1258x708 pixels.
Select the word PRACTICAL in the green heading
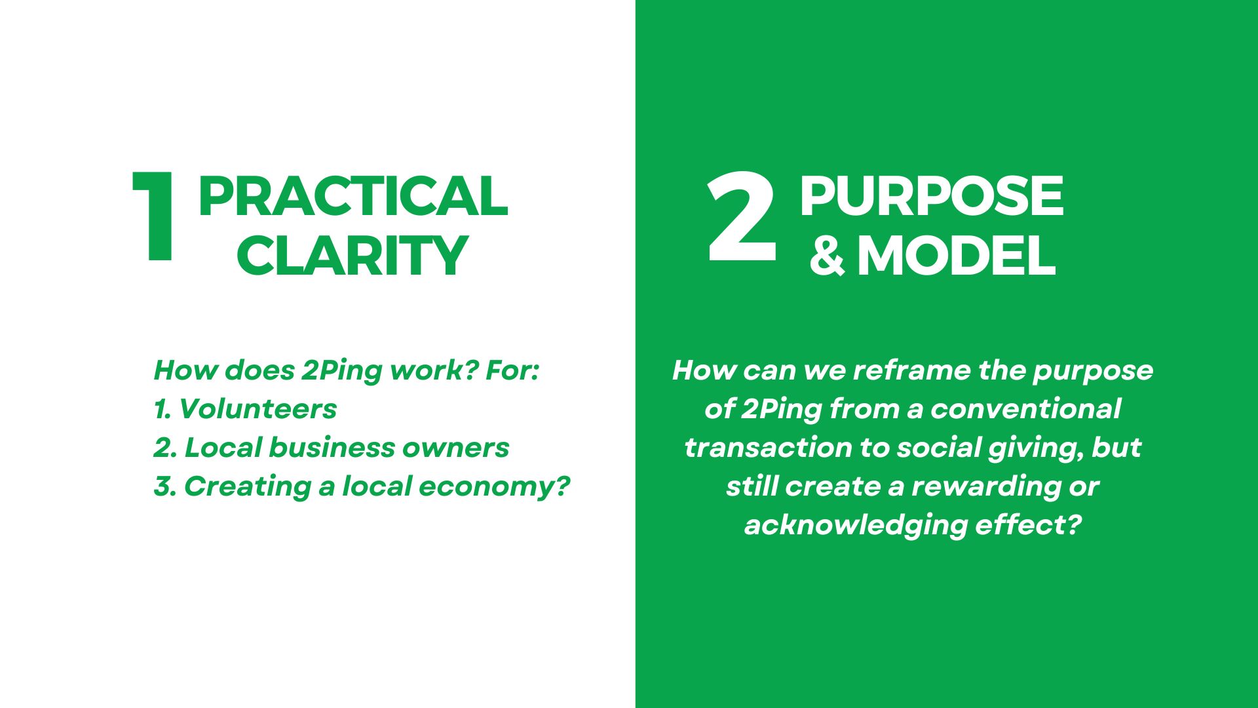coord(353,196)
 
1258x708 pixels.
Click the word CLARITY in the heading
coord(353,256)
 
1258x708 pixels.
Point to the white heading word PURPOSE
coord(931,196)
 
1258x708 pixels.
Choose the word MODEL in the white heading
coord(957,256)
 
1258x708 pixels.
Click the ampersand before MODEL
coord(827,256)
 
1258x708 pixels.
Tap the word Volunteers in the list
coord(257,409)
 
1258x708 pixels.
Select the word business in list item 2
coord(331,448)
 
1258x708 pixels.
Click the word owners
coord(455,448)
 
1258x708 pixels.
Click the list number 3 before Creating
coord(164,487)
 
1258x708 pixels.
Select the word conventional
coord(1025,409)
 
